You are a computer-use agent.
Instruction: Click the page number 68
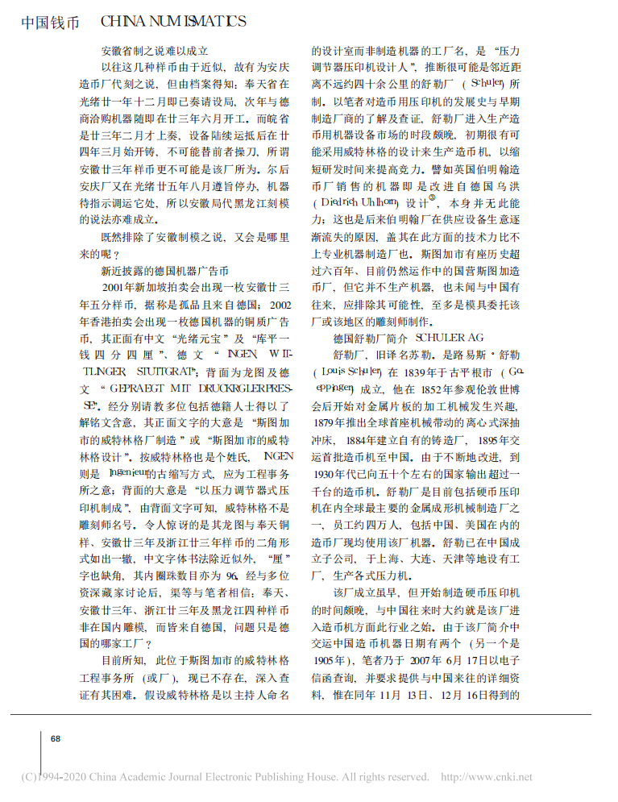tap(56, 738)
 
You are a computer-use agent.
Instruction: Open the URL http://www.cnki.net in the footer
tap(487, 778)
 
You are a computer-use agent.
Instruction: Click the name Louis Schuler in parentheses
tap(349, 372)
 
